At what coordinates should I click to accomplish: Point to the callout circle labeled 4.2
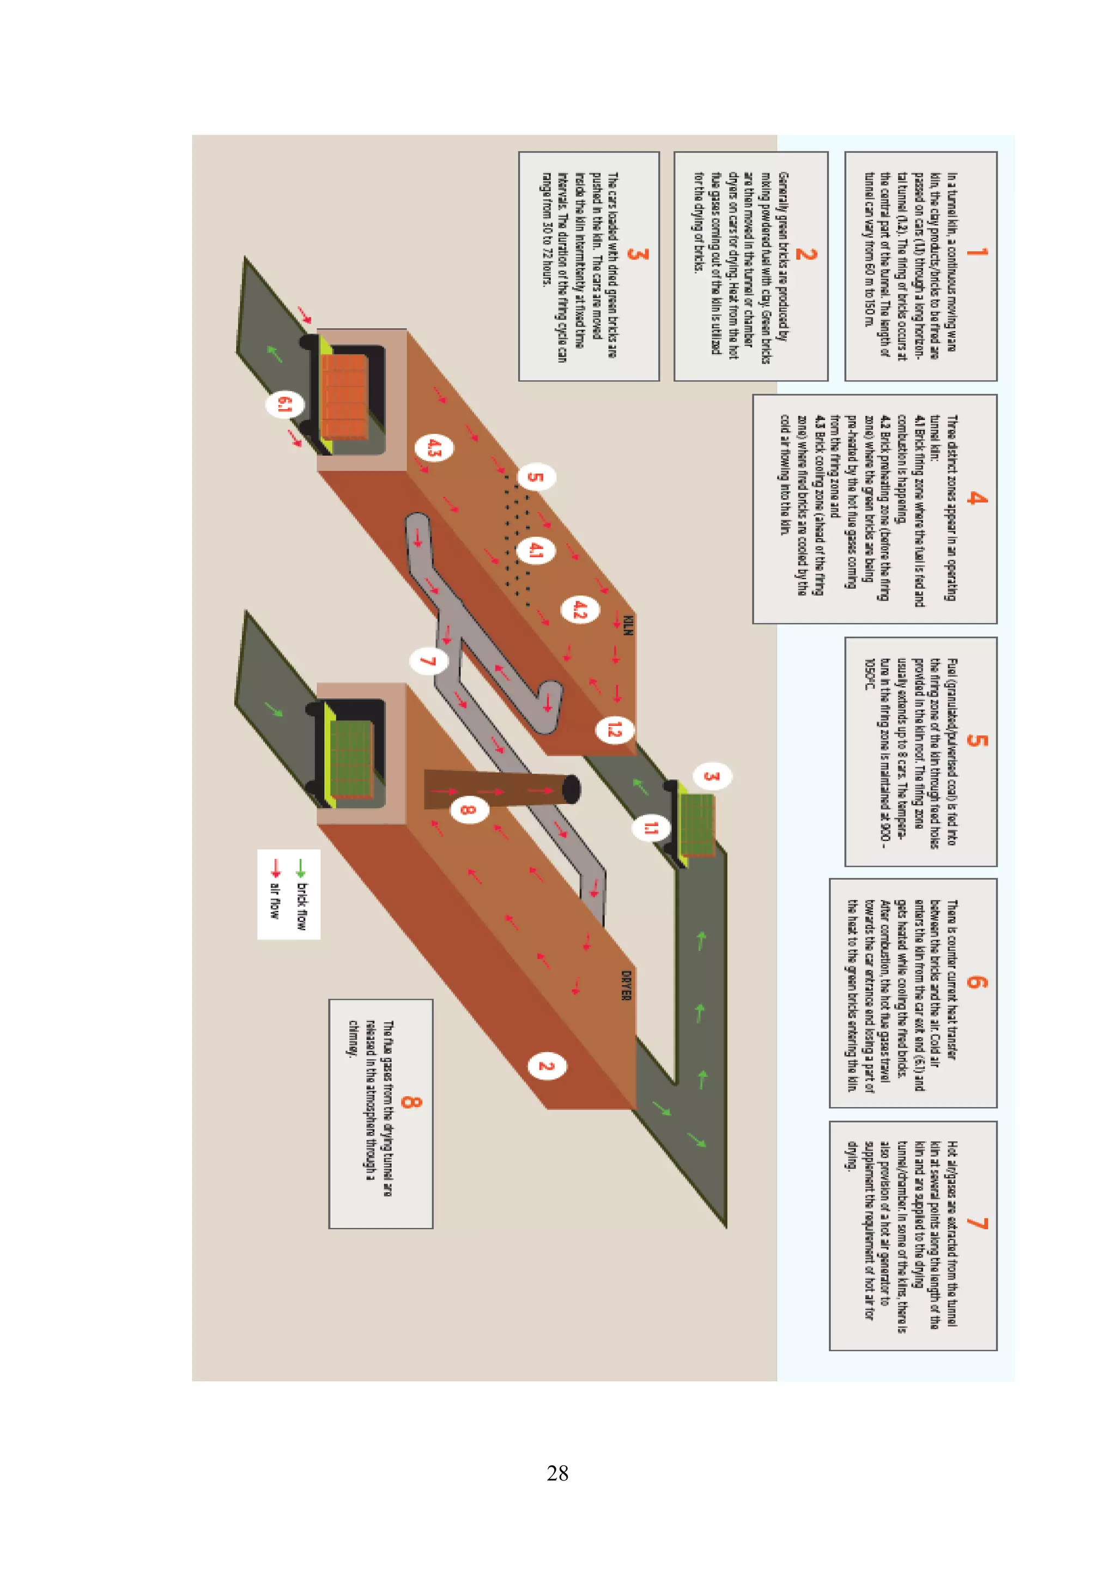(x=580, y=609)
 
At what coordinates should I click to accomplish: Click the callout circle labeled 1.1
(x=650, y=828)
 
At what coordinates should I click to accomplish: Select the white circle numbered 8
(x=469, y=809)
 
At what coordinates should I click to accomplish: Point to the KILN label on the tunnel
(x=627, y=626)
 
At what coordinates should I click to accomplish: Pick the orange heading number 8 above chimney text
(x=410, y=1102)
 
